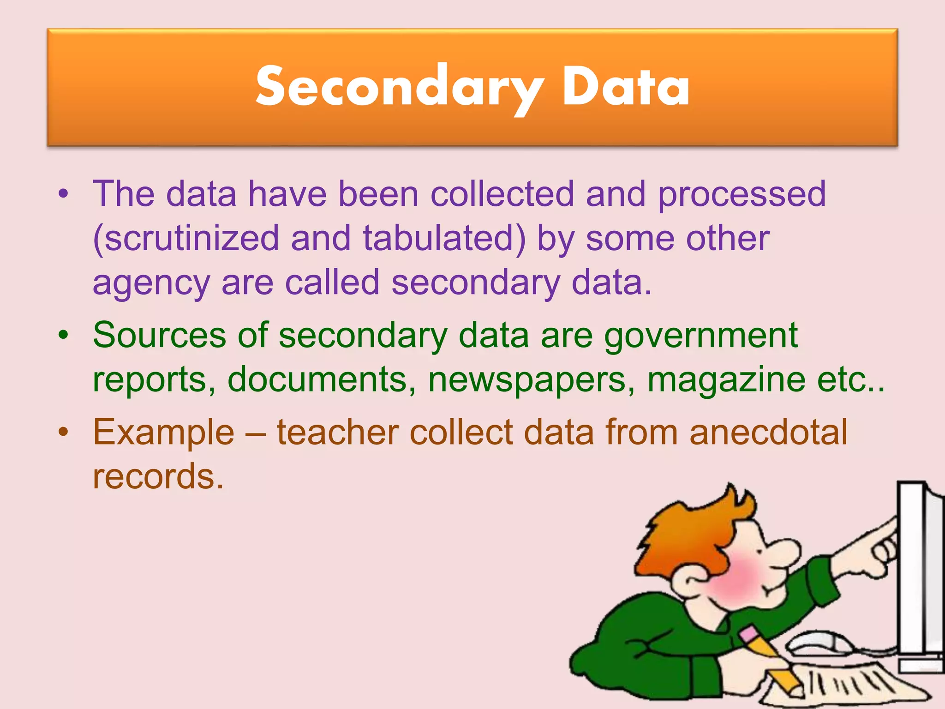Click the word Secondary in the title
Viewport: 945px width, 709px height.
pos(400,88)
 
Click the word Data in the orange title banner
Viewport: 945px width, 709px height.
pos(626,88)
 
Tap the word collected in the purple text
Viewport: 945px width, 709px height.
pos(502,194)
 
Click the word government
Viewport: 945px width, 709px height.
pos(701,336)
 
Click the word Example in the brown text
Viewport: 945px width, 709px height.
pos(164,433)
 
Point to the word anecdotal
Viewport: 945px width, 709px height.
pos(768,432)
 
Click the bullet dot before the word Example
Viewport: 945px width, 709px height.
pos(63,432)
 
